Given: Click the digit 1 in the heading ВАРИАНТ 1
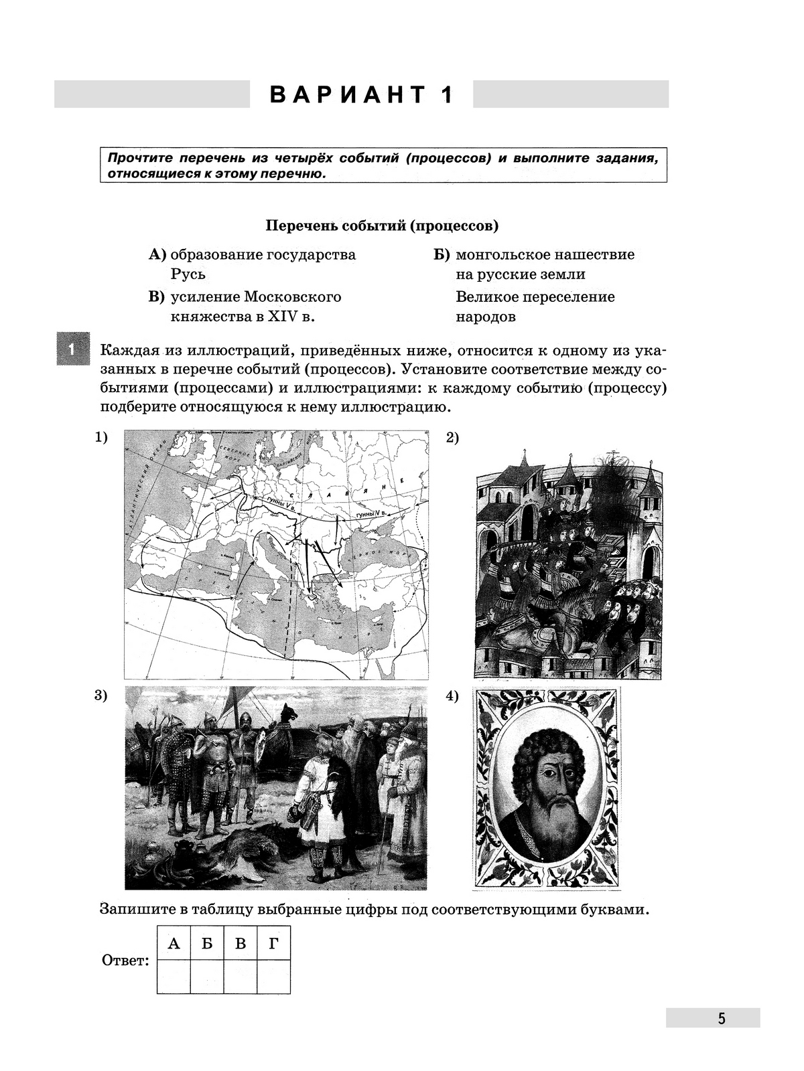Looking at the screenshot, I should (x=446, y=95).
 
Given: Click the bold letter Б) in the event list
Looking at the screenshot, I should (x=442, y=255).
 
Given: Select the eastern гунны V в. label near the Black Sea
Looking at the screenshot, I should (x=372, y=514).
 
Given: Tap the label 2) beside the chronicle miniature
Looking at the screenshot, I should (x=453, y=438).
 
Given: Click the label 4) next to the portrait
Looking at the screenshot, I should (x=453, y=696).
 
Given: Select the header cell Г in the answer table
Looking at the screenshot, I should (x=273, y=944).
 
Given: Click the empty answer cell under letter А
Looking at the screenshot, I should (x=174, y=977).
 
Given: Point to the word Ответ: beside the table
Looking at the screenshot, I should (x=125, y=961).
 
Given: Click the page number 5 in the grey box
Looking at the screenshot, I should (x=721, y=1018).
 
